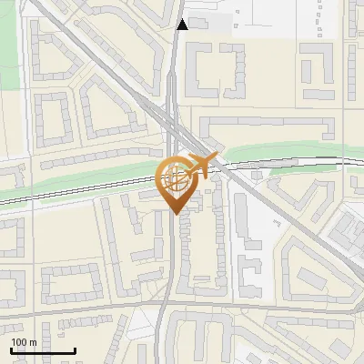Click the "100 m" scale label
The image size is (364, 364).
click(23, 342)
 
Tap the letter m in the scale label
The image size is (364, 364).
click(32, 342)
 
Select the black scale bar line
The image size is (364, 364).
click(42, 351)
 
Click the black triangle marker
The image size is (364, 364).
click(183, 25)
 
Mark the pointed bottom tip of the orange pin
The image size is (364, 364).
click(176, 213)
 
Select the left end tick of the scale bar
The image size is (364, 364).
click(11, 349)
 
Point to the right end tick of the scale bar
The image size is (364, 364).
click(74, 349)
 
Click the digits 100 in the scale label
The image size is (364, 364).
click(18, 342)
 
